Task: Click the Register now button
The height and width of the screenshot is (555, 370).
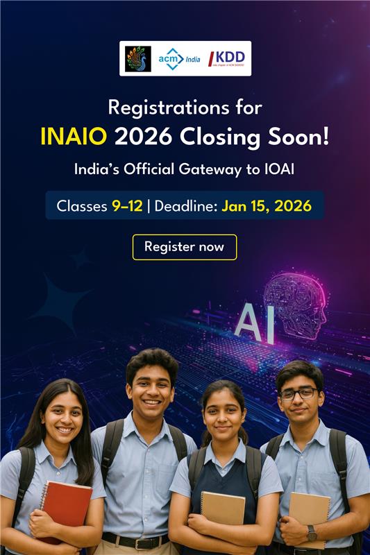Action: (x=185, y=247)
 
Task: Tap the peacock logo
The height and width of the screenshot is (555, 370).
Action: (x=137, y=58)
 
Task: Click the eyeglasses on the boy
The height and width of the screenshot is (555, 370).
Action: (x=298, y=393)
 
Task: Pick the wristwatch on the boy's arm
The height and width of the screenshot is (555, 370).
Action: (x=312, y=533)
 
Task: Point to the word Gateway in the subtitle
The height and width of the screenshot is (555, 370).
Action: (x=221, y=169)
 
